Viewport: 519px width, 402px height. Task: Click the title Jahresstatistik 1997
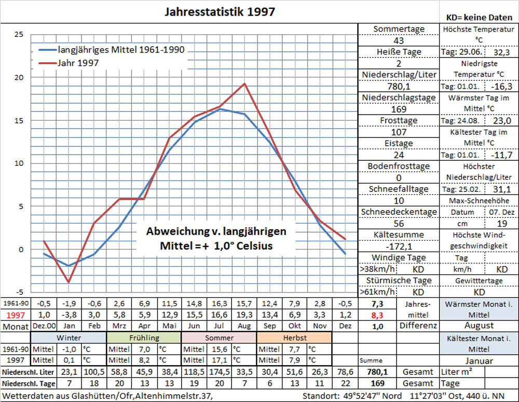pos(220,11)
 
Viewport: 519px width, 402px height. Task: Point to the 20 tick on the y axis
pos(19,77)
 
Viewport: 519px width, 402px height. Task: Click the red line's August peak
pos(244,84)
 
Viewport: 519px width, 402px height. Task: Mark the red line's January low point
pos(69,282)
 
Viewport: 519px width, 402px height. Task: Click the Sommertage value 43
pos(399,40)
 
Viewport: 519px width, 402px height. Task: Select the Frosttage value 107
pos(399,132)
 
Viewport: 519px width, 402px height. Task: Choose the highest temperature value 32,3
pos(500,52)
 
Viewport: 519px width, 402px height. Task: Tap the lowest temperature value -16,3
pos(500,86)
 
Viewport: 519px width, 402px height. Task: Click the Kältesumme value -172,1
pos(399,246)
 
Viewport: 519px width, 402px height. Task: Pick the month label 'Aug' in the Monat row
pos(244,327)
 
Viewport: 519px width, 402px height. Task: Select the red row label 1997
pos(15,315)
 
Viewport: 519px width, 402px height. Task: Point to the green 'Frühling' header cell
pos(143,338)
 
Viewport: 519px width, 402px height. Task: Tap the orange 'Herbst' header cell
pos(294,338)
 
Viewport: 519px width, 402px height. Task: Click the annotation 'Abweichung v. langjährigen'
pos(216,231)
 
